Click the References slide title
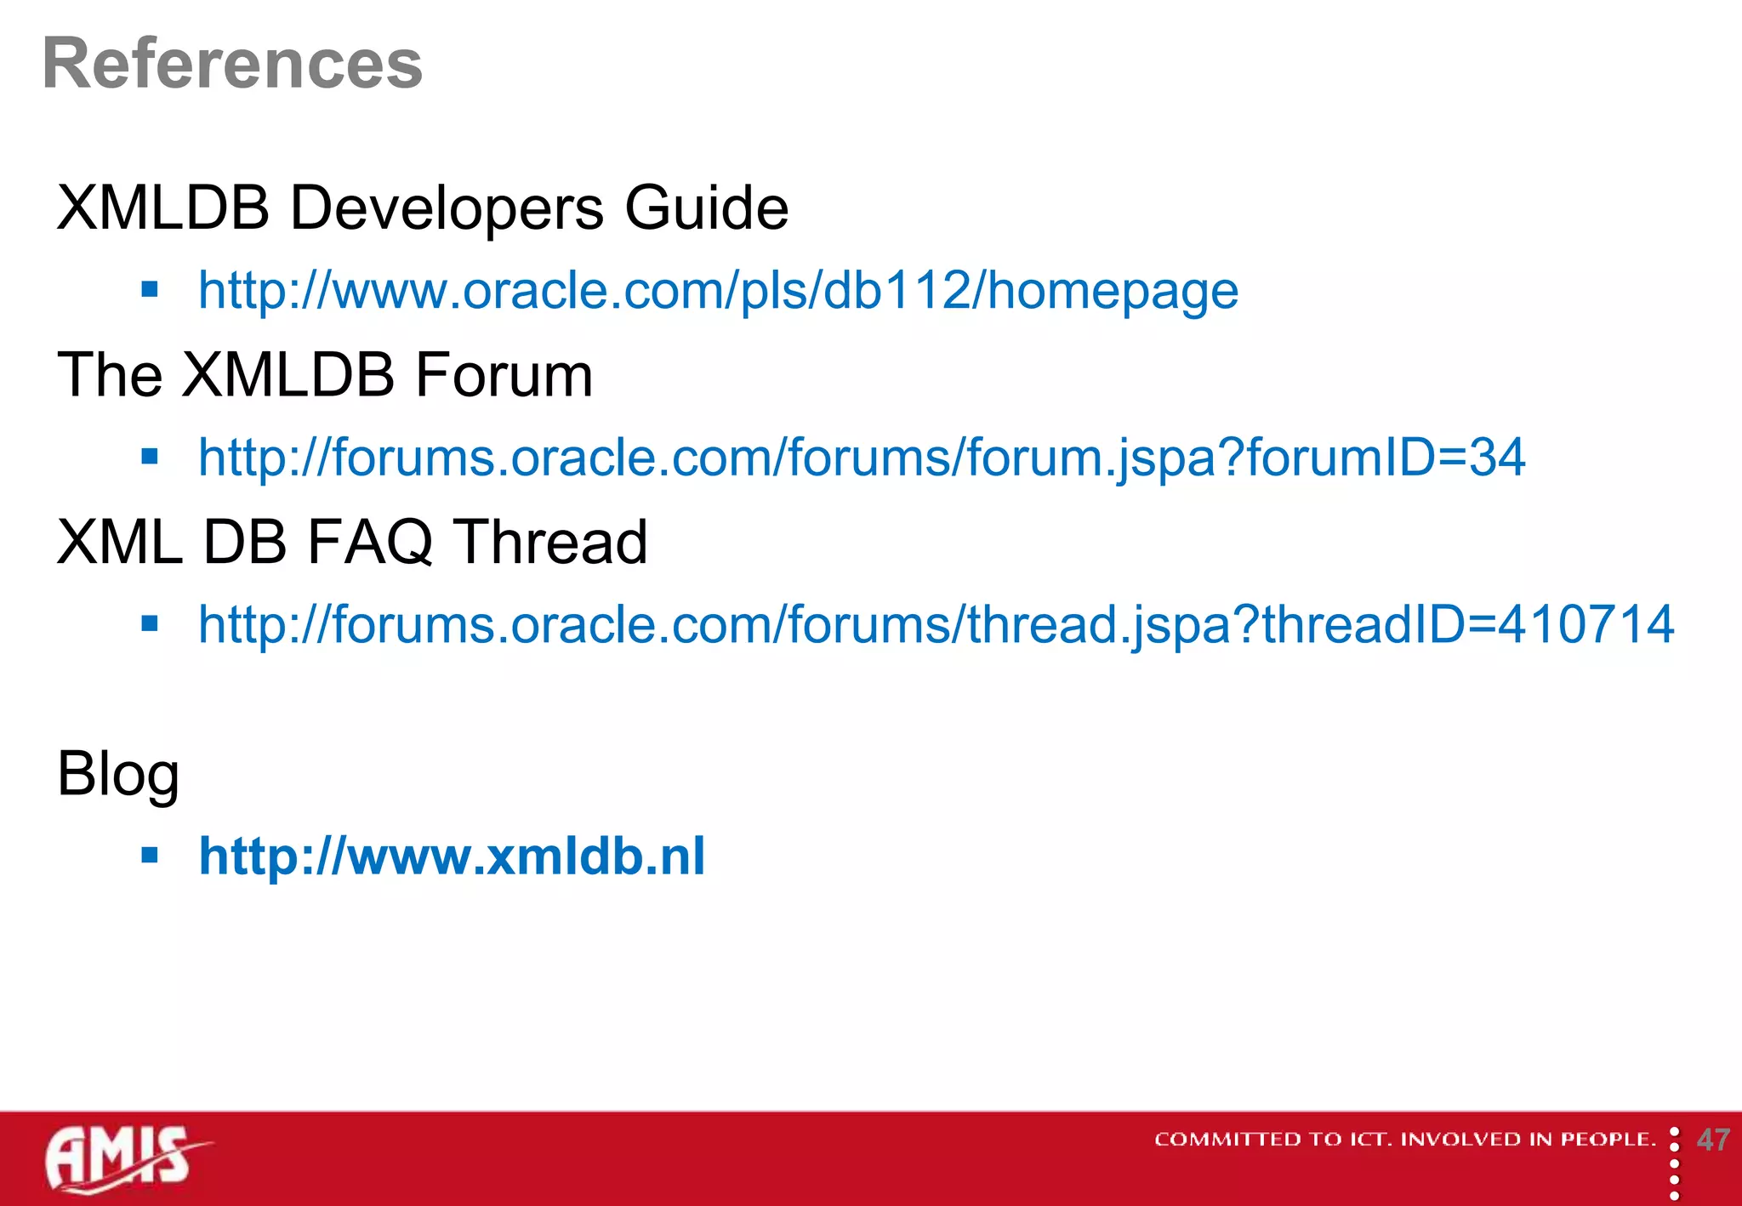(x=231, y=65)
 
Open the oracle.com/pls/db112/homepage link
(x=717, y=291)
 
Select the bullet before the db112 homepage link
(x=151, y=290)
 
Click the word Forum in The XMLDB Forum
(x=504, y=375)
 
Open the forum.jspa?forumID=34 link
(x=861, y=458)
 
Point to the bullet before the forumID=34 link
(x=151, y=458)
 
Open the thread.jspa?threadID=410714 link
(x=936, y=624)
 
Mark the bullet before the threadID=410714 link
(x=151, y=624)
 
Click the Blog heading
(x=118, y=774)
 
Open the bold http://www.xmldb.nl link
(x=451, y=856)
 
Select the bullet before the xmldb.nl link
(x=151, y=856)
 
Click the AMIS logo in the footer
(x=123, y=1158)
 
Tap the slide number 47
(x=1712, y=1140)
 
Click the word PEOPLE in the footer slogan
(x=1607, y=1140)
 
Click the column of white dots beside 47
(x=1674, y=1163)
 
